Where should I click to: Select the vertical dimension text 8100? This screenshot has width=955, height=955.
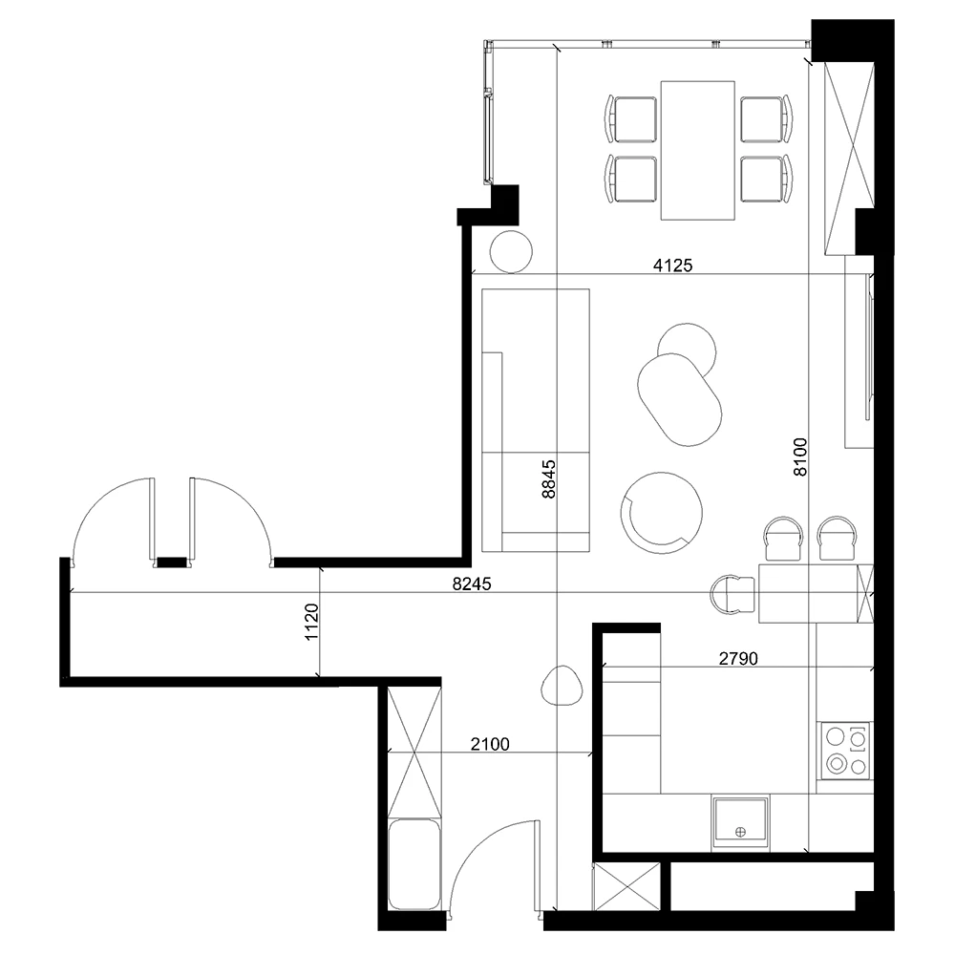click(x=799, y=456)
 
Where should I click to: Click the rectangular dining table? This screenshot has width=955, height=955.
click(x=697, y=149)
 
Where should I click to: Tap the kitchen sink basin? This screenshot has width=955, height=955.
click(x=740, y=822)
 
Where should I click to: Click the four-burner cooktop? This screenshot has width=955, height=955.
click(x=846, y=750)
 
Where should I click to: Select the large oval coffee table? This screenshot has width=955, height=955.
click(x=678, y=399)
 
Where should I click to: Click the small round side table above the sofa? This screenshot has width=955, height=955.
click(x=510, y=252)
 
